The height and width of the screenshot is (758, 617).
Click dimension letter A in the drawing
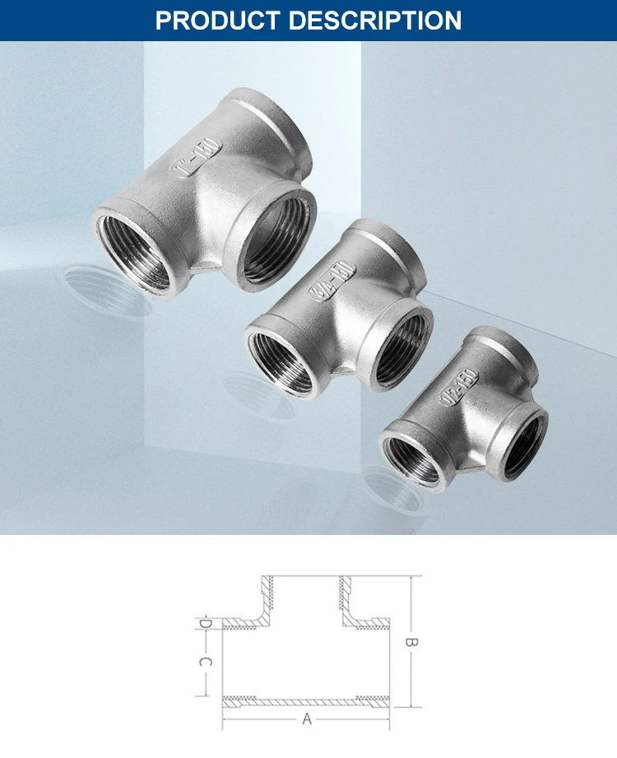tap(307, 718)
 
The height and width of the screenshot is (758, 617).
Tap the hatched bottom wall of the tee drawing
tap(306, 700)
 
